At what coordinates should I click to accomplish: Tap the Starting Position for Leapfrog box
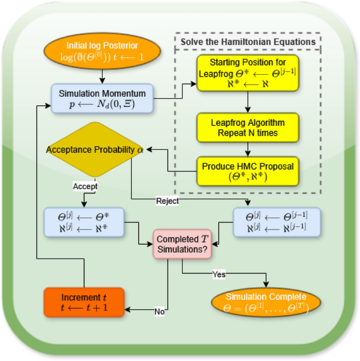248,73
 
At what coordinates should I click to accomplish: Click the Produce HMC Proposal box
248,171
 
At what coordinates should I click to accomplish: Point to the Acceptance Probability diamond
95,149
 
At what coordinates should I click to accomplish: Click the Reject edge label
167,200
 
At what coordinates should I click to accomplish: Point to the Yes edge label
219,274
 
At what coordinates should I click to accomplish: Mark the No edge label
160,311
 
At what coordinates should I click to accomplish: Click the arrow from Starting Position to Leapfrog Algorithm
248,102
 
